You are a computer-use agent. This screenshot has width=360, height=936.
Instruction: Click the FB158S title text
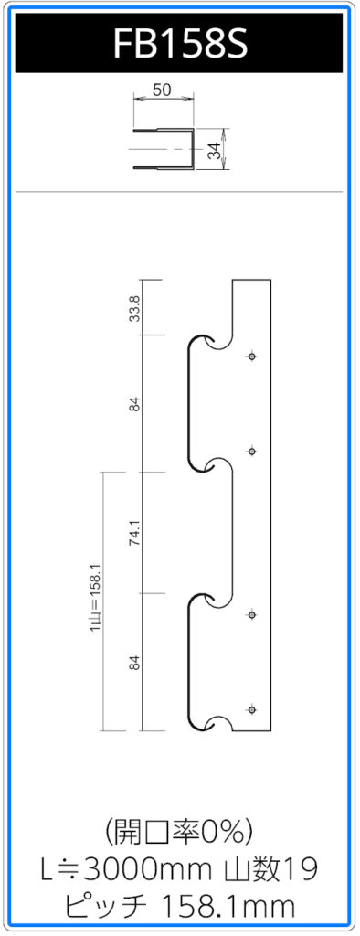coord(180,44)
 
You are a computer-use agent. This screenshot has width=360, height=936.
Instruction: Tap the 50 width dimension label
coord(163,90)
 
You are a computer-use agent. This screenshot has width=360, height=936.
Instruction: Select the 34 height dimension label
coord(215,150)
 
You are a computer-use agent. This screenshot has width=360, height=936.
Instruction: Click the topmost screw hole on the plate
coord(252,356)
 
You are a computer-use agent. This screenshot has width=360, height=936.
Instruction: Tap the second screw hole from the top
coord(252,452)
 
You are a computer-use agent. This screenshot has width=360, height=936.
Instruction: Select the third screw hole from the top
coord(252,614)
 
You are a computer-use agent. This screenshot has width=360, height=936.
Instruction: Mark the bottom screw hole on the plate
coord(252,709)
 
